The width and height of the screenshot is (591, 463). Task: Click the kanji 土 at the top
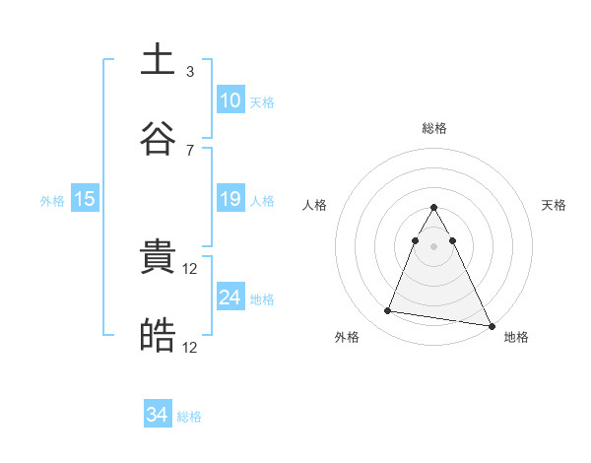[158, 60]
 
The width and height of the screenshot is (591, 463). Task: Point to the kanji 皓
[158, 336]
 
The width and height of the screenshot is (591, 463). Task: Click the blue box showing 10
[230, 99]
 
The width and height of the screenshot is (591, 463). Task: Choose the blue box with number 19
[230, 199]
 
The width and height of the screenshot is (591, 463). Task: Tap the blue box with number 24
[230, 298]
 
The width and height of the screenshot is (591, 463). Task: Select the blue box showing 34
[158, 415]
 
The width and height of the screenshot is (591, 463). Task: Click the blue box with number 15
[85, 199]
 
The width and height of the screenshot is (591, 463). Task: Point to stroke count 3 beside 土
[190, 72]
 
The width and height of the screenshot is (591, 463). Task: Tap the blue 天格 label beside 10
[262, 101]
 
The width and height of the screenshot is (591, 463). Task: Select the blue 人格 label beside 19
[262, 201]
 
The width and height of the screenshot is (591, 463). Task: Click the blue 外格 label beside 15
[52, 201]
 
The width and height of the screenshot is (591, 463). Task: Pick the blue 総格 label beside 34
[189, 417]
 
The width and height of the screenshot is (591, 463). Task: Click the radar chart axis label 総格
[434, 128]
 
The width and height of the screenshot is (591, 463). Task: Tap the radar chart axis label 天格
[555, 205]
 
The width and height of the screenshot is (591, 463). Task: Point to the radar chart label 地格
[516, 337]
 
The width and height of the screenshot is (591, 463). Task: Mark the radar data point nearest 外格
[388, 311]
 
